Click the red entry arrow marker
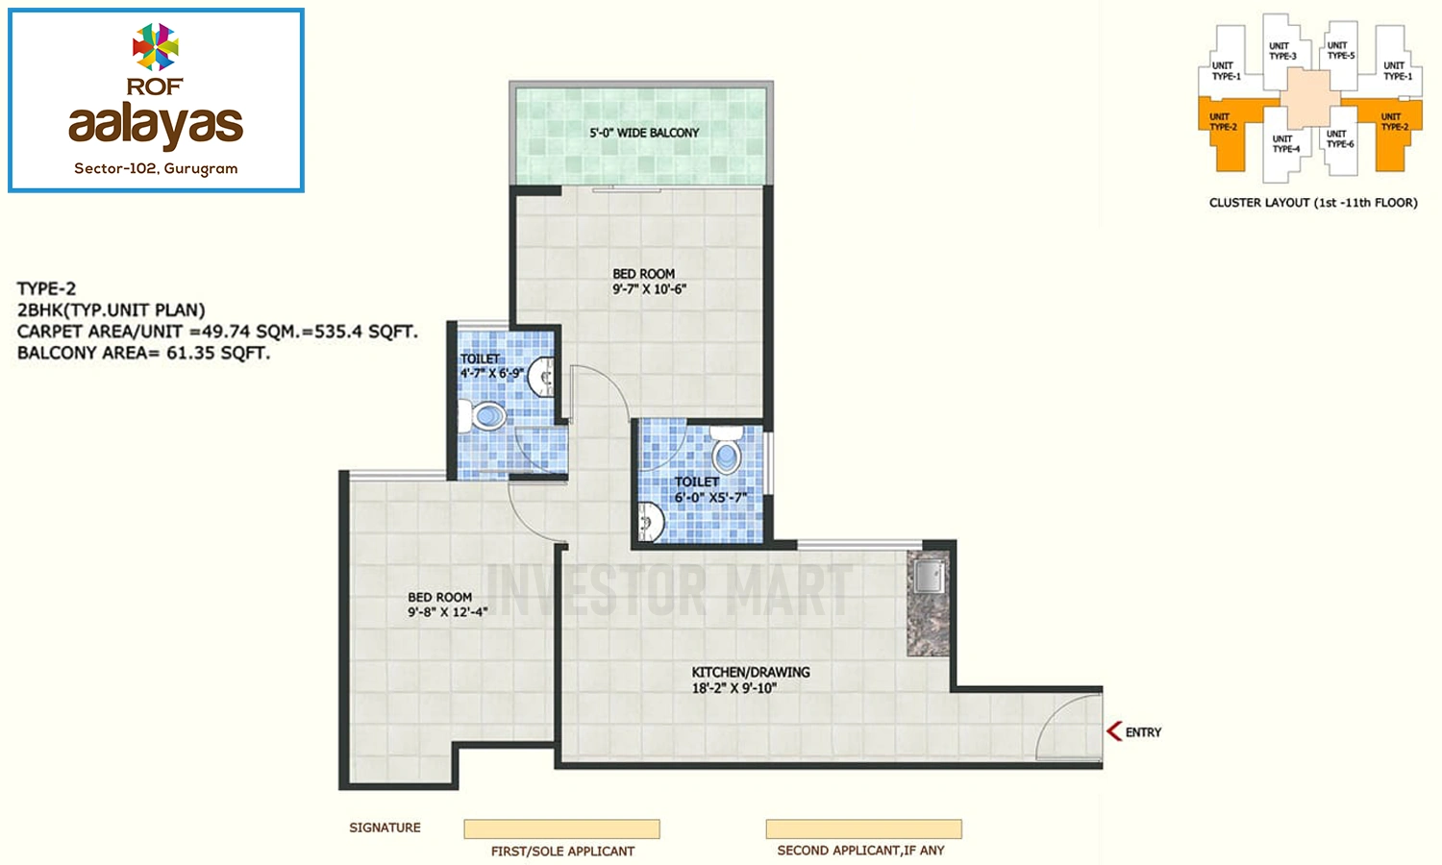(x=1114, y=731)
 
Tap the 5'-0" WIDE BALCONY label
(x=644, y=133)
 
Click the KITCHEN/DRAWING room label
(x=751, y=672)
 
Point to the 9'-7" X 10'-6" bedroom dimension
(x=649, y=289)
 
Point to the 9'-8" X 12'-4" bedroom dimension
(x=447, y=612)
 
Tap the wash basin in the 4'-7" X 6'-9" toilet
(x=541, y=377)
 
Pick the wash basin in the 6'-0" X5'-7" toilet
(x=651, y=522)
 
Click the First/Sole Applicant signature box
(x=562, y=828)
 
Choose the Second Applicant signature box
(x=864, y=828)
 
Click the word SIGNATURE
(x=385, y=828)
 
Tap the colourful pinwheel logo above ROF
(x=155, y=46)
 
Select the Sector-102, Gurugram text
(x=156, y=168)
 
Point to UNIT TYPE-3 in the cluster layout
(x=1282, y=51)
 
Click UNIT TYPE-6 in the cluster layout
(x=1340, y=139)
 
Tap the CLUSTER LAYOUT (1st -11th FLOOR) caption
(x=1313, y=203)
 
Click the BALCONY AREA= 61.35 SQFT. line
(x=143, y=353)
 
